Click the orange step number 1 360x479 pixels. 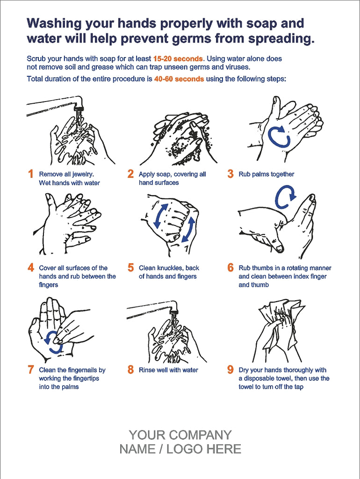pos(31,174)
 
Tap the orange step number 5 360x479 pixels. pos(131,268)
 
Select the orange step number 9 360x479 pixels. pos(230,370)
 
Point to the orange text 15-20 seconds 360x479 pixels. pos(178,59)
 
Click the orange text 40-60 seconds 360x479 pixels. pos(179,79)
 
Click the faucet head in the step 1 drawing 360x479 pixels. pos(79,109)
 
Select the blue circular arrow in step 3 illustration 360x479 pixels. pos(280,136)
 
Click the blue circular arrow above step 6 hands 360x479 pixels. pos(285,197)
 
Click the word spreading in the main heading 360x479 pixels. pos(281,38)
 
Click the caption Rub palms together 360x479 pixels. pos(266,174)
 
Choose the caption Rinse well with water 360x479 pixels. pos(168,370)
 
